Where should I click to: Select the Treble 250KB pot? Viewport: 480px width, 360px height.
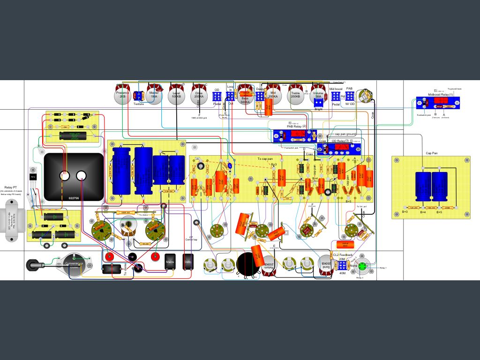pos(295,94)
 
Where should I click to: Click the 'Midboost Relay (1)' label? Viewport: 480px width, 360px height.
pos(441,94)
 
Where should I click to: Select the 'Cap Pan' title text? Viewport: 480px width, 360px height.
pos(432,153)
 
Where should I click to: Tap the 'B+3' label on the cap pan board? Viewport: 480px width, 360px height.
pos(405,212)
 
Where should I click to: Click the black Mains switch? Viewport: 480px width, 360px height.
pos(170,262)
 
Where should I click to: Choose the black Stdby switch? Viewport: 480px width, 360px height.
pos(187,262)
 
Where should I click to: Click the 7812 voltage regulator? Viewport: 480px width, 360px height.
pos(33,177)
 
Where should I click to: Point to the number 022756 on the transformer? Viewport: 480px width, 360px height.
pos(74,198)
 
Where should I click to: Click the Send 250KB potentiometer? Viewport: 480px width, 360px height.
pos(325,265)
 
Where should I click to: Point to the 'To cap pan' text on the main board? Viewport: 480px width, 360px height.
pos(266,159)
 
